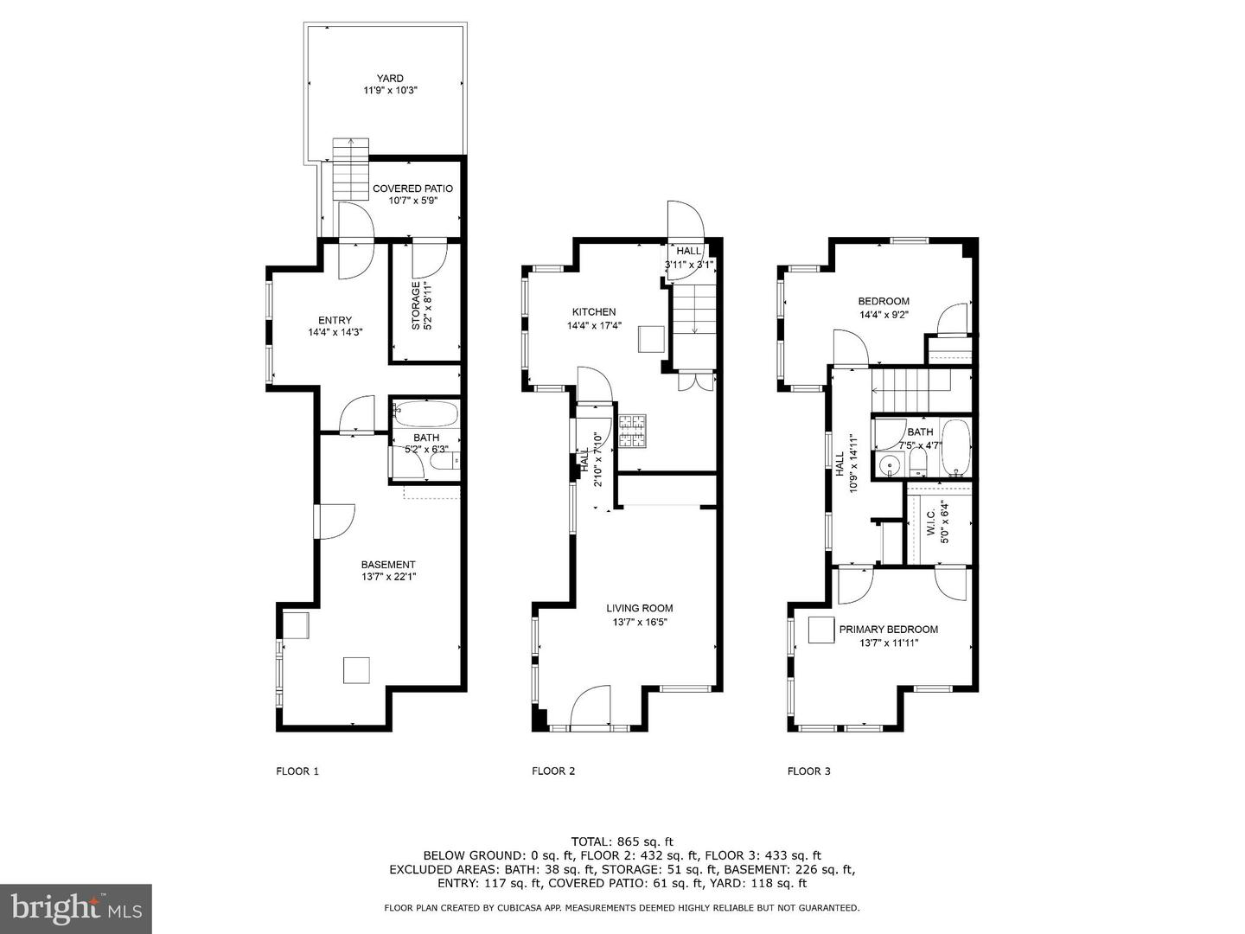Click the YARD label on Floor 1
(390, 78)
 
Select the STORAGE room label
(416, 305)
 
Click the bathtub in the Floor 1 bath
(425, 413)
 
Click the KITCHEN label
(594, 312)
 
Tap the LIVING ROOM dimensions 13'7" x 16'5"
(639, 622)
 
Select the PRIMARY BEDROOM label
(888, 630)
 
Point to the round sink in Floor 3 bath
(890, 467)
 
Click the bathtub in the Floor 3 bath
(955, 447)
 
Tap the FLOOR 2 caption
(553, 771)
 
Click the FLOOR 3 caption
(808, 771)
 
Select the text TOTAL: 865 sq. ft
(622, 841)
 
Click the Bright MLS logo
(75, 908)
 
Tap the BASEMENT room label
(388, 565)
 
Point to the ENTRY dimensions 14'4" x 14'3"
(335, 332)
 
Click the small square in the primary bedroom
(820, 630)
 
